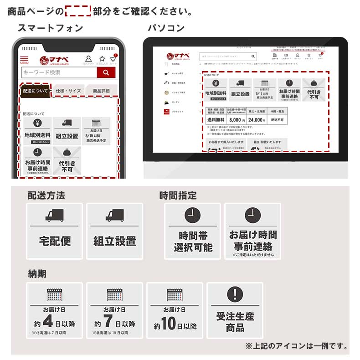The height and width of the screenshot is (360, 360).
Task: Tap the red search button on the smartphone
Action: pos(106,72)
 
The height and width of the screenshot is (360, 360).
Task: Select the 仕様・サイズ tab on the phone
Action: pos(68,91)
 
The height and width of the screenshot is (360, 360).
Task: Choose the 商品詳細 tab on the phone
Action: pos(101,91)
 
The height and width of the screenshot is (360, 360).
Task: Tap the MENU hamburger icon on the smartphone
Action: pos(24,60)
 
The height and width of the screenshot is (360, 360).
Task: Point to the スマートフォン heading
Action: pos(50,28)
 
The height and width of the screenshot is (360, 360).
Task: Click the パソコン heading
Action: pos(166,28)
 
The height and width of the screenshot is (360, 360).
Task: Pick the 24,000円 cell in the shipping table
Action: pos(257,120)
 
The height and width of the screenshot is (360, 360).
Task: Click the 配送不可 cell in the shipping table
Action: pos(277,120)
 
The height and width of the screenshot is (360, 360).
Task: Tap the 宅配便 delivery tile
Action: pos(55,231)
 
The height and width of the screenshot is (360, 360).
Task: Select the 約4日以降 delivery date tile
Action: pos(55,310)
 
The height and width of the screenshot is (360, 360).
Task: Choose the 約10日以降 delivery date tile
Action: pos(175,310)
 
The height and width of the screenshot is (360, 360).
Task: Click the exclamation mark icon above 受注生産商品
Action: pos(235,293)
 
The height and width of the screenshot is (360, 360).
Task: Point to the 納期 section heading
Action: pos(37,274)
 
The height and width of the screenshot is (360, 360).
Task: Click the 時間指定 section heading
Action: pos(178,195)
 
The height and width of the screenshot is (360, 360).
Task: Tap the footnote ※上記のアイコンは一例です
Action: pos(297,346)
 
